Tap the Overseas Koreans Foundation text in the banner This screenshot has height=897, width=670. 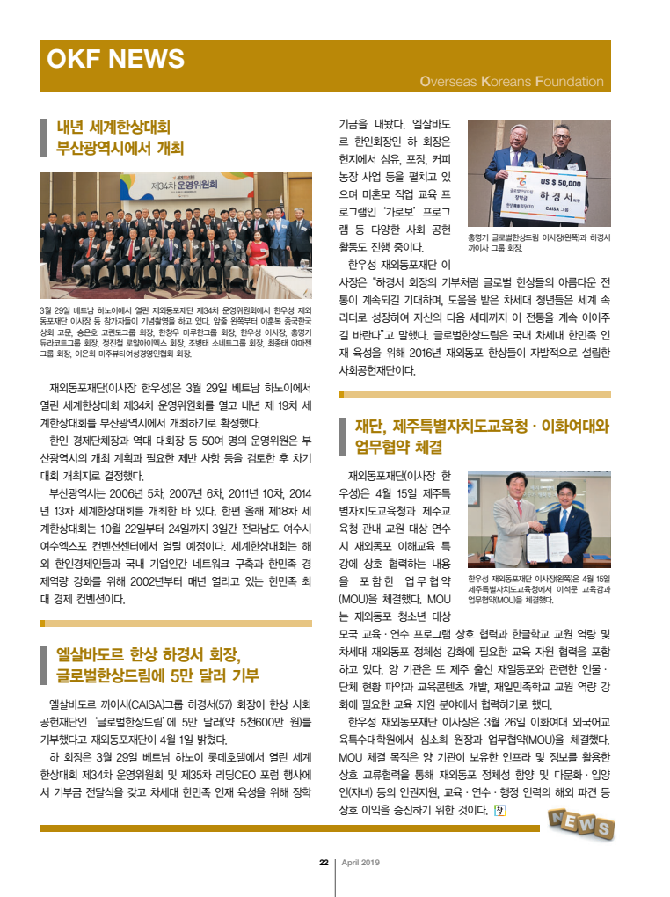(x=512, y=82)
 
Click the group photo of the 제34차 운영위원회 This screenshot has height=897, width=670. (x=176, y=235)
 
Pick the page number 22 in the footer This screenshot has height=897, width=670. (x=324, y=862)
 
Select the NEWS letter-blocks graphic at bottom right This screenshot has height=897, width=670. (x=580, y=823)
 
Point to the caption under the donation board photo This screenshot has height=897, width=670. (x=538, y=243)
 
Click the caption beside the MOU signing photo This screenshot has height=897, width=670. (x=538, y=589)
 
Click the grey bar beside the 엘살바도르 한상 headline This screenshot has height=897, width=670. (x=43, y=665)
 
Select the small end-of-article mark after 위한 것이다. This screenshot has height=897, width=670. (x=500, y=809)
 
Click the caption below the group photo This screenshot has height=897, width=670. (x=176, y=332)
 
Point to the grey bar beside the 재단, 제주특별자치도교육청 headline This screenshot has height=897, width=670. (x=344, y=436)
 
